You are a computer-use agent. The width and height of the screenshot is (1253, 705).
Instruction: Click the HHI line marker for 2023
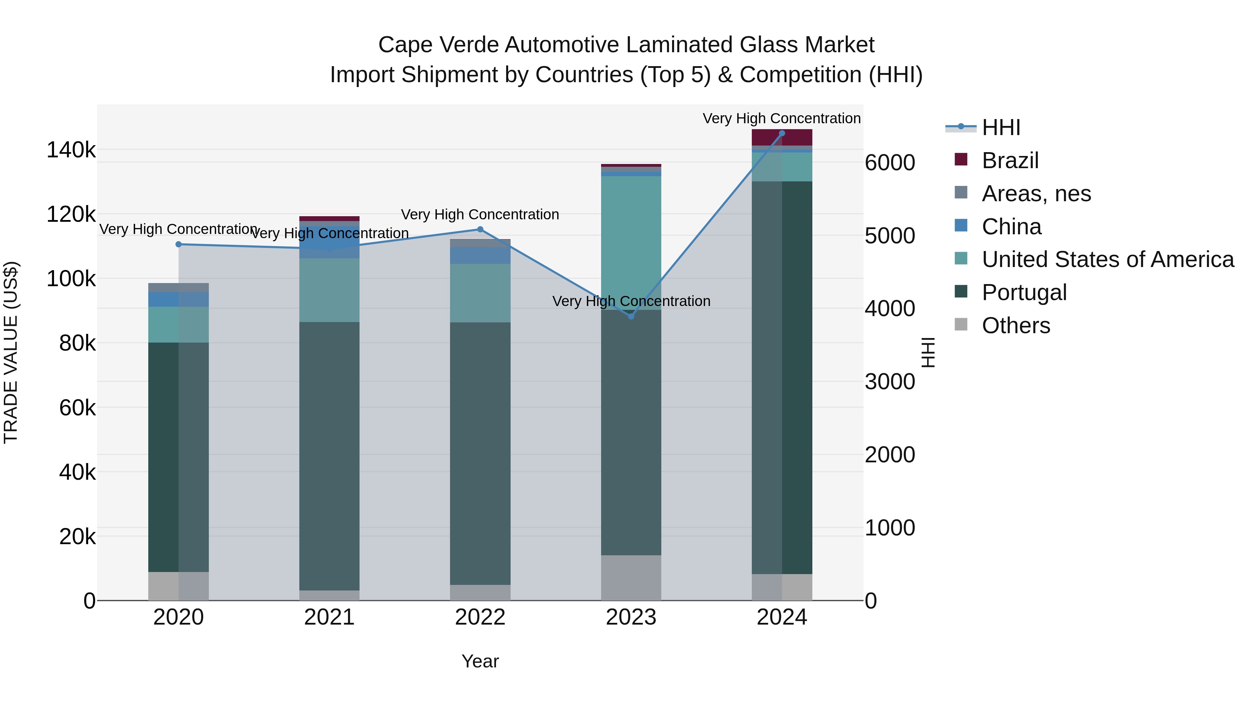tap(631, 316)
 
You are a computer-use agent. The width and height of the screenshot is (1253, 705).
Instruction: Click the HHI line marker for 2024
tap(782, 133)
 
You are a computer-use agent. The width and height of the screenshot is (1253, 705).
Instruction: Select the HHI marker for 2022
tap(480, 229)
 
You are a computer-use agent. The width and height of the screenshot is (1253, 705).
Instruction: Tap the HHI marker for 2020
tap(179, 244)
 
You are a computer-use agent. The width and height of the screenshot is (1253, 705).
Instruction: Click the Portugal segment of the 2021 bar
tap(329, 455)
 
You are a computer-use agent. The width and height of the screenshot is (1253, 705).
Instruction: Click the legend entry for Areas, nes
tap(1036, 194)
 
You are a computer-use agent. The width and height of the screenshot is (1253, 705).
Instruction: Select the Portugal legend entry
tap(1024, 292)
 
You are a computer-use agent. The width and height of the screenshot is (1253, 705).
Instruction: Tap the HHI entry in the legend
tap(1001, 127)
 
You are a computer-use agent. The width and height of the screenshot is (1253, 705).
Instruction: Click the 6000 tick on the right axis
tap(890, 163)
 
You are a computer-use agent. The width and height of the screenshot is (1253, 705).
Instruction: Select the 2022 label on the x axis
tap(480, 617)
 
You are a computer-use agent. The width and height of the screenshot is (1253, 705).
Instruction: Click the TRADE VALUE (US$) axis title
tap(11, 352)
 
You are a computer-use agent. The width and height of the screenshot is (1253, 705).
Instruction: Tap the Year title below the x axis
tap(480, 661)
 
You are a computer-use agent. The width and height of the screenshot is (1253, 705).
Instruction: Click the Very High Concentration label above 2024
tap(782, 118)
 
